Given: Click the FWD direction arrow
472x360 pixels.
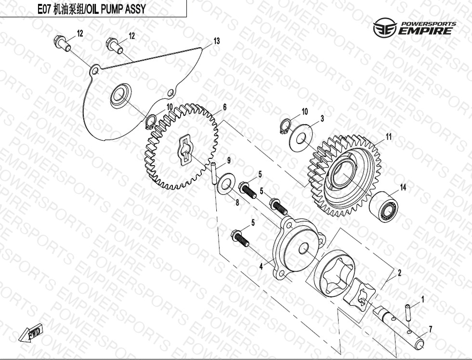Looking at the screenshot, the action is (x=31, y=333).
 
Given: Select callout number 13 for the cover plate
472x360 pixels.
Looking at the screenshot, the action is (x=216, y=41).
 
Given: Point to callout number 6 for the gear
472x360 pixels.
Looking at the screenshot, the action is (x=224, y=107).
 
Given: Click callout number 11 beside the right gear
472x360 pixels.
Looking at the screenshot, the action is (x=389, y=137).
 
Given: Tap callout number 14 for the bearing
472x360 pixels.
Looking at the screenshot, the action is (x=403, y=187).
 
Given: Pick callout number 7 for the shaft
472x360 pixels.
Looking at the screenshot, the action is (x=431, y=330).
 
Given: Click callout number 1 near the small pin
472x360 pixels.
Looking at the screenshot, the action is (x=423, y=299).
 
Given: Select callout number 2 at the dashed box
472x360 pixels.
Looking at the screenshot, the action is (x=399, y=273).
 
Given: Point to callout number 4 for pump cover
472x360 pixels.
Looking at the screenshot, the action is (x=261, y=266).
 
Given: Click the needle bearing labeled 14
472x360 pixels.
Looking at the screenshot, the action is (x=384, y=207).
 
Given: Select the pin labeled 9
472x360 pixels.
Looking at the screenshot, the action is (x=214, y=174).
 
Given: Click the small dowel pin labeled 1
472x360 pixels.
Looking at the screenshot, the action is (x=409, y=312).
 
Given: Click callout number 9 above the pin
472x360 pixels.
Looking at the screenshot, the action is (x=229, y=161).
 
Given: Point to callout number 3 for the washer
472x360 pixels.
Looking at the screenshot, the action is (x=322, y=118).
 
